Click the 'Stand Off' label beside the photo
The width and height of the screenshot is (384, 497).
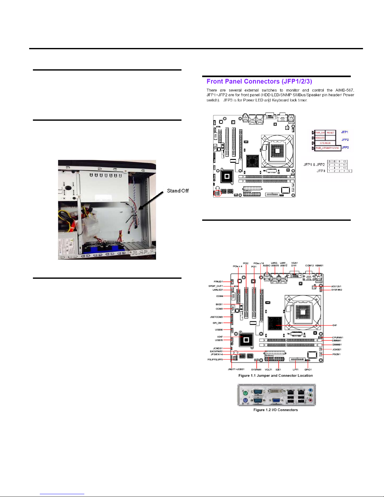(178, 191)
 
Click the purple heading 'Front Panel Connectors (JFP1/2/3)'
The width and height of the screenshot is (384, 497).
(259, 82)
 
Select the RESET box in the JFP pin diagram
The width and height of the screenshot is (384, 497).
(330, 133)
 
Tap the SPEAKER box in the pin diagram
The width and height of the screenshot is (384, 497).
(325, 143)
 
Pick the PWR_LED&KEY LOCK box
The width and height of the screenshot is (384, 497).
(327, 148)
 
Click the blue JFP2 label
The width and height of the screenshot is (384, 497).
(345, 140)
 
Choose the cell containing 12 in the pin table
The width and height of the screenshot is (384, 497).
(344, 161)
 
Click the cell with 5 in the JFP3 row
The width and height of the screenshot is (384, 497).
(349, 171)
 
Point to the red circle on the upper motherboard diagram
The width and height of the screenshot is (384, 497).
(217, 193)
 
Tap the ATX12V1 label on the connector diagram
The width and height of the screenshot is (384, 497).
(336, 286)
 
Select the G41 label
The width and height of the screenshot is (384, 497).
(335, 325)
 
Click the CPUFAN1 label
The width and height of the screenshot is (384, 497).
(338, 337)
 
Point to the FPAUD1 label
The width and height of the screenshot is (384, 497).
(218, 282)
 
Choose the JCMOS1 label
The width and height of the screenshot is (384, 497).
(218, 348)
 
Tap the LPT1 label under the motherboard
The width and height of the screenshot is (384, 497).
(295, 369)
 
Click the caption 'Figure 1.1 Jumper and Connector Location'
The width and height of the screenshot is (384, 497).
(276, 375)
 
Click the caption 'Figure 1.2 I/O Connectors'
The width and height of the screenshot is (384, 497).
(276, 410)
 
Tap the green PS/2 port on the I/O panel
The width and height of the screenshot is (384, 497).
(245, 393)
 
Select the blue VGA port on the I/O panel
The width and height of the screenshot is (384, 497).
(276, 400)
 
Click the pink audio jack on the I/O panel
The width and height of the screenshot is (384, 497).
(310, 400)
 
